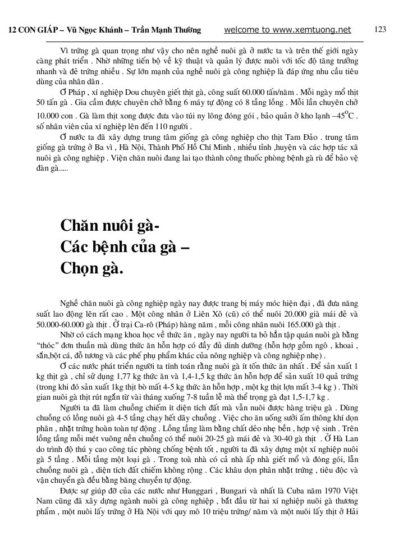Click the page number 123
[x=380, y=30]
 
